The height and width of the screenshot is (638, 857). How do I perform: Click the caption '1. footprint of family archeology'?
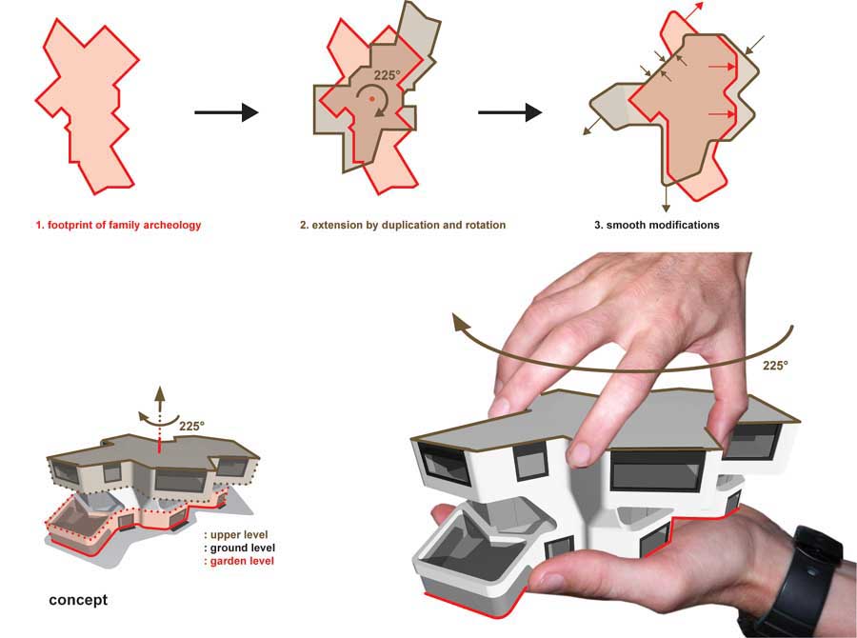tap(118, 226)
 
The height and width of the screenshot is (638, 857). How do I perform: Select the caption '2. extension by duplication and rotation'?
tap(402, 226)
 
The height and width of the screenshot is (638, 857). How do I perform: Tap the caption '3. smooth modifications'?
tap(655, 226)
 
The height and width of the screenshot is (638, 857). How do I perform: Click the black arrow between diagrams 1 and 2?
tap(226, 113)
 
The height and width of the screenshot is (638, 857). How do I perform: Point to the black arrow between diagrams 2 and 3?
tap(509, 113)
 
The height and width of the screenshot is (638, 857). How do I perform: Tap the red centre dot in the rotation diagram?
tap(371, 97)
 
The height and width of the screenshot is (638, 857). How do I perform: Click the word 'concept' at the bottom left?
tap(78, 601)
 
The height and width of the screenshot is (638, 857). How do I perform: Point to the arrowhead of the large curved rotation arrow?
tap(463, 326)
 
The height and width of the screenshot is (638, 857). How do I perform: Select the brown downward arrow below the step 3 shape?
tap(666, 196)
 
